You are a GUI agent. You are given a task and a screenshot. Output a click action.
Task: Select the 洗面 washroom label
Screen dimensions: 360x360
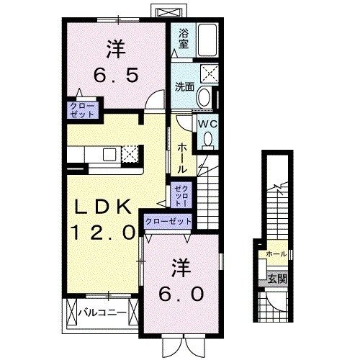coord(184,87)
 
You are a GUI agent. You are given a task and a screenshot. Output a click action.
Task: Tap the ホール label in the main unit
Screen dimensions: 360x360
coord(181,156)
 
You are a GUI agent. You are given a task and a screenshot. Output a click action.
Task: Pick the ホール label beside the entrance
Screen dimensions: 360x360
coord(276,254)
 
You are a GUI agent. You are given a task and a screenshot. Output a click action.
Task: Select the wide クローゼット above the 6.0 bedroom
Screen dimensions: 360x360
coord(168,222)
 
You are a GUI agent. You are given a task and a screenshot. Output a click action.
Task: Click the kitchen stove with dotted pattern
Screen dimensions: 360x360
coord(130,153)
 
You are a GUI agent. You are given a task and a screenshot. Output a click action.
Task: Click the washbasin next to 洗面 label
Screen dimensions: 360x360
coord(203,97)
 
